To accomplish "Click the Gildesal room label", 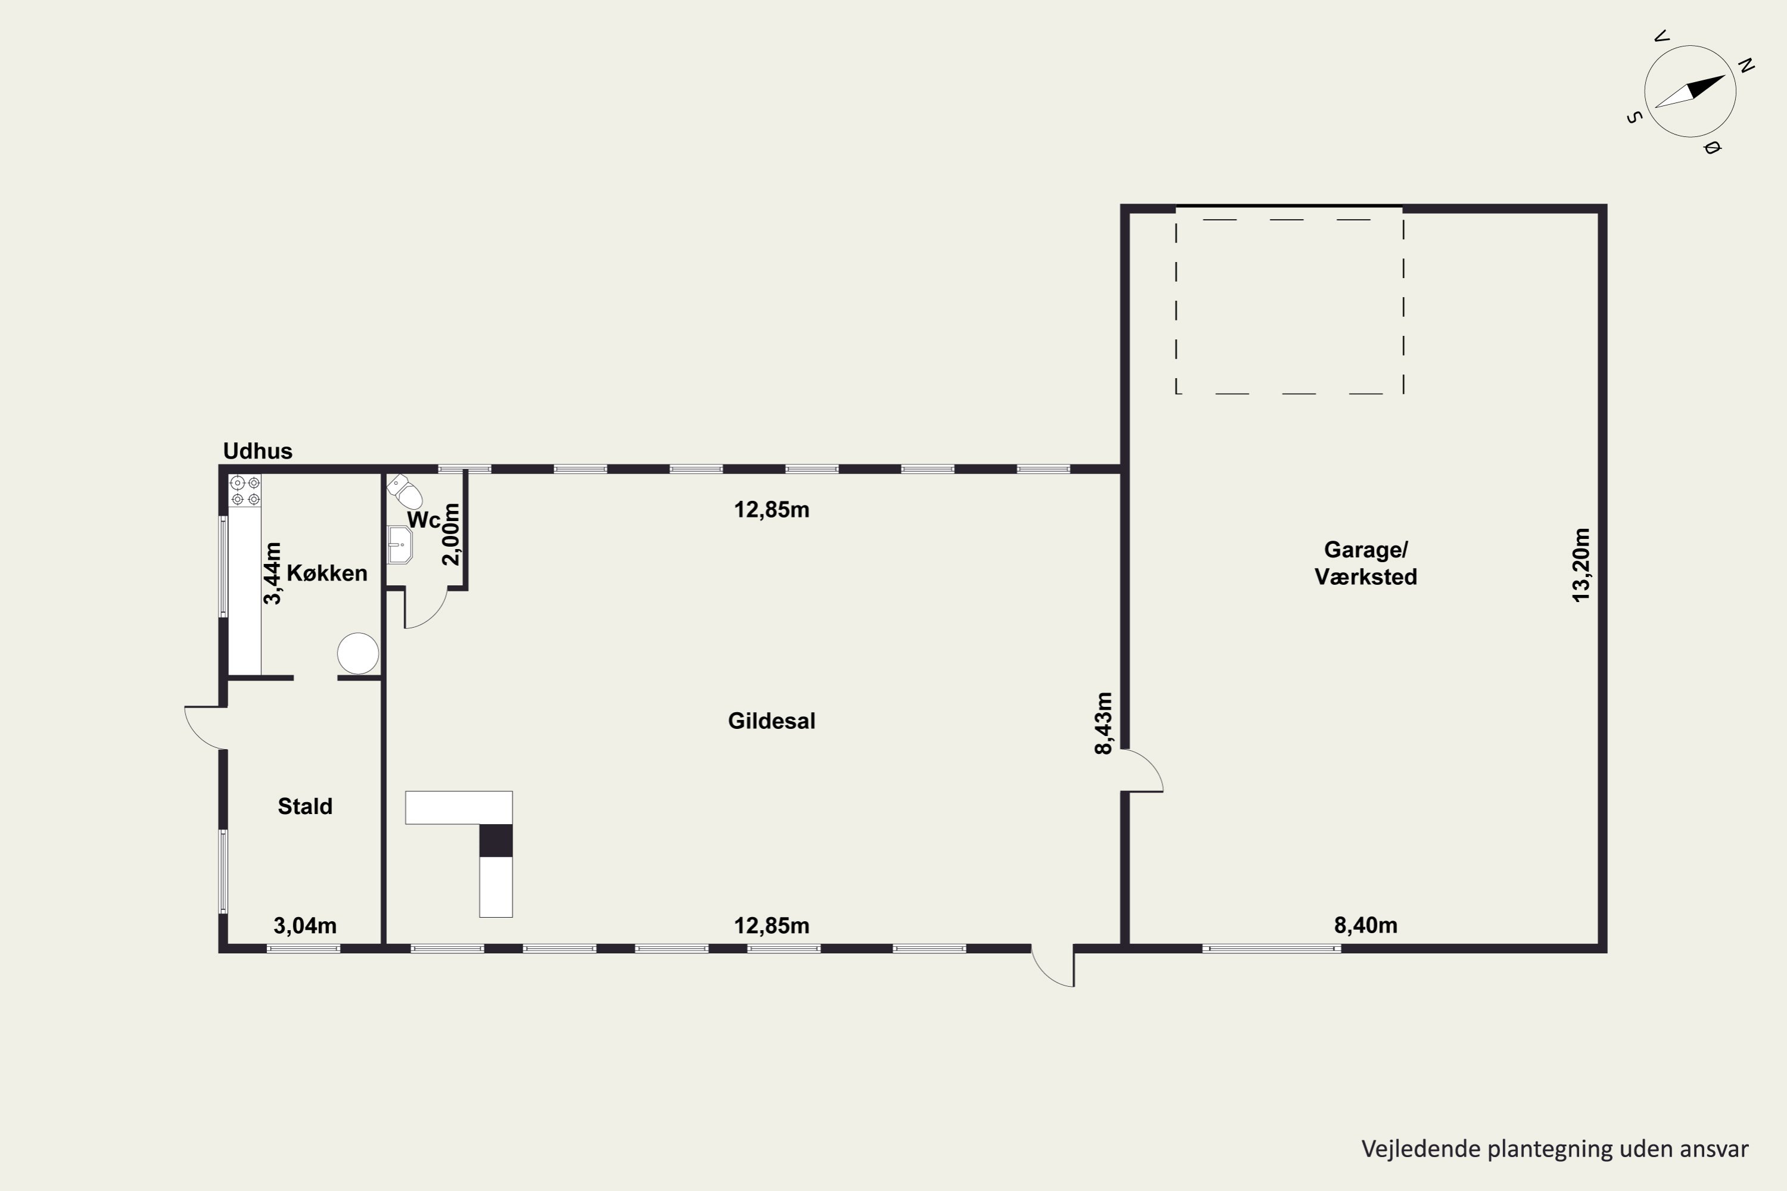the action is point(771,721).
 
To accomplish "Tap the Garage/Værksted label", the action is point(1365,563).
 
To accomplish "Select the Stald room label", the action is point(304,806).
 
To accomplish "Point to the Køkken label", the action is point(326,573).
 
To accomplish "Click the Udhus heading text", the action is point(257,451).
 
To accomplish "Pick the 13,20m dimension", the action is point(1580,565).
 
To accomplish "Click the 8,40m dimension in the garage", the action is point(1365,925).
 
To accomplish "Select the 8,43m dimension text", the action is point(1103,723).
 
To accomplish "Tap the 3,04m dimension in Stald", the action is point(304,926).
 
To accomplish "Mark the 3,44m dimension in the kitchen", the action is point(272,573).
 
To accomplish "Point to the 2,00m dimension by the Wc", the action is point(452,534).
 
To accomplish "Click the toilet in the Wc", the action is point(405,491).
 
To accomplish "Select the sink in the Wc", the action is point(400,545).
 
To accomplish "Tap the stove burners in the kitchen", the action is point(245,491).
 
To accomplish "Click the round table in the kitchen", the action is point(358,653).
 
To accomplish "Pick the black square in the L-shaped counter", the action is point(496,840).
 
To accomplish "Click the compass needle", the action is point(1690,92).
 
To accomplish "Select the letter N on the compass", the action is point(1746,66).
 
